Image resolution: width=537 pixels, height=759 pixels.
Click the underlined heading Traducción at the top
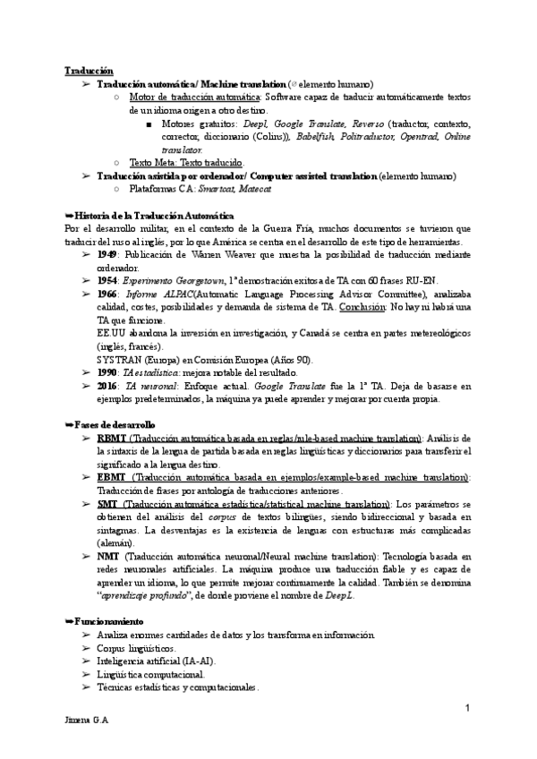[89, 70]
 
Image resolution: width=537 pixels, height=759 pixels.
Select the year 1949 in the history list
[108, 255]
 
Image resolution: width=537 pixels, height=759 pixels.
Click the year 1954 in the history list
[108, 280]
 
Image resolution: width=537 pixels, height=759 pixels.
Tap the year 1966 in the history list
[108, 294]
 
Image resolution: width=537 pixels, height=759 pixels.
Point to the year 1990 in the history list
[108, 371]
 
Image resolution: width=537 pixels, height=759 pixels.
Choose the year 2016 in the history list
[108, 385]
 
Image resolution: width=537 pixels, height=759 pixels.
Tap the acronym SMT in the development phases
[108, 505]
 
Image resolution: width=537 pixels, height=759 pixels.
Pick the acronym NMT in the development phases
[109, 556]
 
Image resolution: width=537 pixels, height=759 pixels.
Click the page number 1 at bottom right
[468, 709]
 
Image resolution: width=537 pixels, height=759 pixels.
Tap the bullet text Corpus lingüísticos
[137, 647]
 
